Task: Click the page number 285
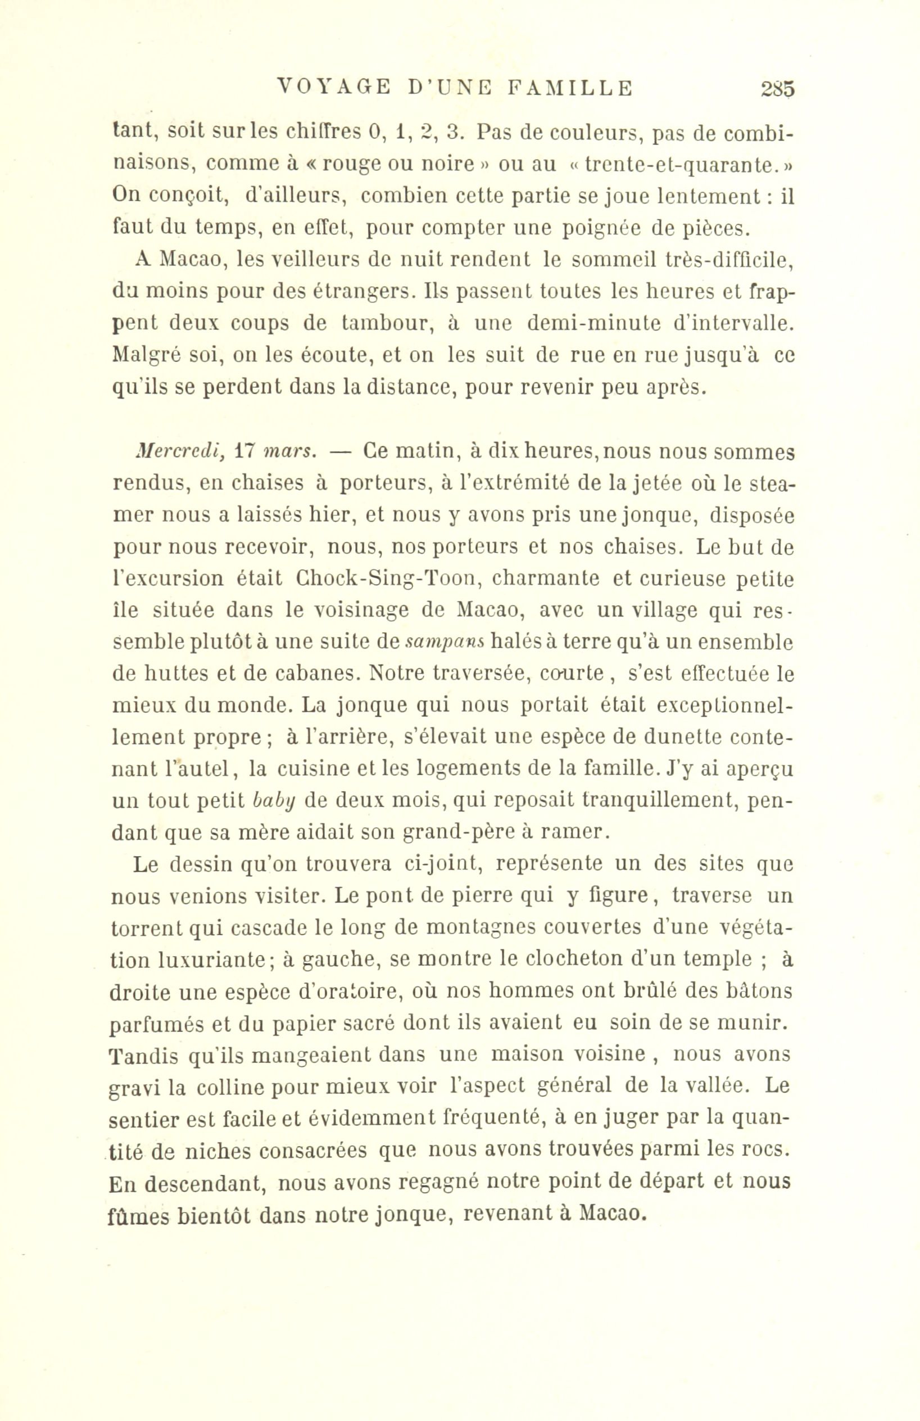coord(778,88)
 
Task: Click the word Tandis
coord(142,1056)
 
